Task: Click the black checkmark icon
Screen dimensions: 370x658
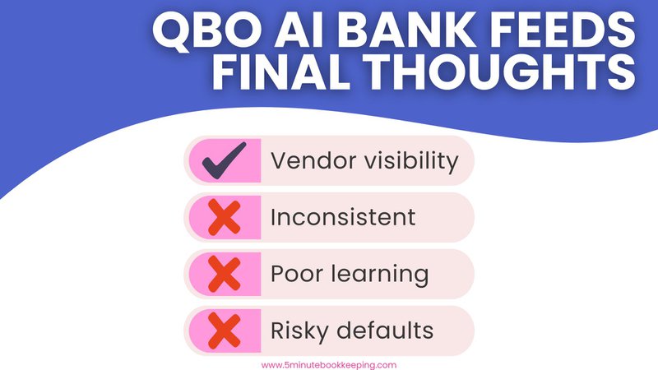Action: tap(225, 161)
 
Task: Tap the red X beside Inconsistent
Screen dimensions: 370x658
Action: tap(225, 218)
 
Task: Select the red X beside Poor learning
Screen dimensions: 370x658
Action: tap(225, 275)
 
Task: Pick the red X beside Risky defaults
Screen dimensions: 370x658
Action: tap(225, 331)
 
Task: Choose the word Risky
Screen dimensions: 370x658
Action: tap(300, 331)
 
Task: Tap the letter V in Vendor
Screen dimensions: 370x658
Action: tap(278, 161)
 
